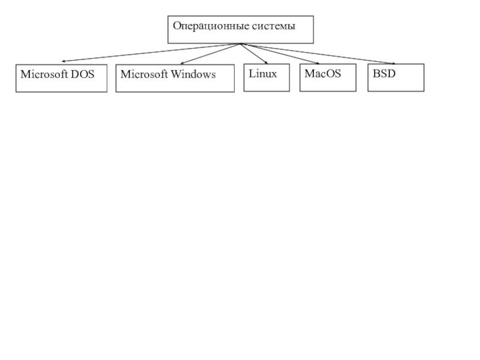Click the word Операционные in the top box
coord(211,26)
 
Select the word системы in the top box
coord(274,26)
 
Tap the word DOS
coord(82,74)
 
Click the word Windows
coord(193,74)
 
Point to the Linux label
coord(263,74)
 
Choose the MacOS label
coord(323,74)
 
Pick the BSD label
coord(384,74)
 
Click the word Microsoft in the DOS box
coord(44,74)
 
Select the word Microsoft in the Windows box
coord(144,74)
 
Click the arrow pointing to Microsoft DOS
coord(151,53)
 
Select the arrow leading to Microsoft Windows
coord(211,53)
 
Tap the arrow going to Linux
coord(254,53)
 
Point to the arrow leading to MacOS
coord(280,53)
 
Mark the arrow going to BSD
coord(318,54)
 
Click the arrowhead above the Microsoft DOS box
coord(63,61)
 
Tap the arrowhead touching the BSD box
coord(394,64)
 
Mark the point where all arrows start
coord(241,44)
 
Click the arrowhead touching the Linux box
coord(266,63)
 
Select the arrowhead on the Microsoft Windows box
coord(182,64)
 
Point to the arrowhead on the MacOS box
coord(319,64)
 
